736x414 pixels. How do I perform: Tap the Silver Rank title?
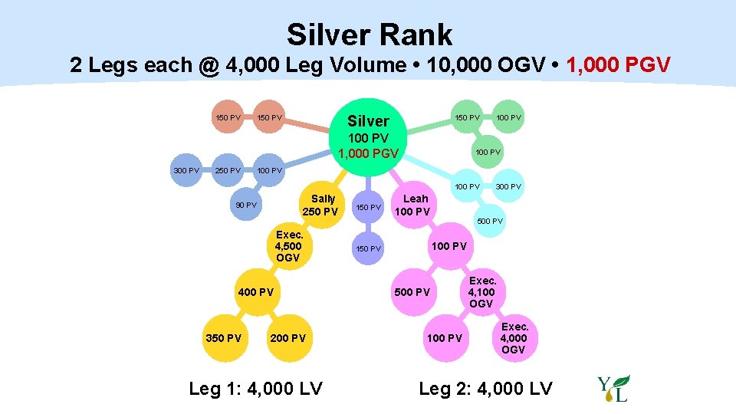(x=369, y=34)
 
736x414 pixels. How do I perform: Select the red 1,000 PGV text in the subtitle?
(x=618, y=64)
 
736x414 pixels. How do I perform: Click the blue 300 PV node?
(x=186, y=169)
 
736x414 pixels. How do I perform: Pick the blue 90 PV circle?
(x=246, y=205)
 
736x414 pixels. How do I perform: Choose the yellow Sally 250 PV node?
(x=320, y=205)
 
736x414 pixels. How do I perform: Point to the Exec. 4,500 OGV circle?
(x=288, y=246)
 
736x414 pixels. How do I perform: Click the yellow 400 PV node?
(x=255, y=292)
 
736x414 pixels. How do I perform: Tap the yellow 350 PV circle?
(x=224, y=338)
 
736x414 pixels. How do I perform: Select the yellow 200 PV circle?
(x=287, y=338)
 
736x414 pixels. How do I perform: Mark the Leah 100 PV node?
(x=416, y=205)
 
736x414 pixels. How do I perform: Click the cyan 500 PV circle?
(x=490, y=222)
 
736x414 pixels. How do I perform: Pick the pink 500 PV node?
(x=412, y=292)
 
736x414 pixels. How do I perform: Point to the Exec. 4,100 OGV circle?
(x=481, y=292)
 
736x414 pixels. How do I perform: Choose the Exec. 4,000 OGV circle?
(x=514, y=338)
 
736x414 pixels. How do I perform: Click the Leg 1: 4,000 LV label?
(x=255, y=389)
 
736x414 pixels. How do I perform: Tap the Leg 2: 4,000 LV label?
(x=485, y=389)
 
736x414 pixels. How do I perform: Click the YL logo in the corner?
(x=613, y=389)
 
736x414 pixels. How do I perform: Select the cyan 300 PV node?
(x=508, y=186)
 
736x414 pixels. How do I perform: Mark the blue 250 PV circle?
(x=228, y=169)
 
